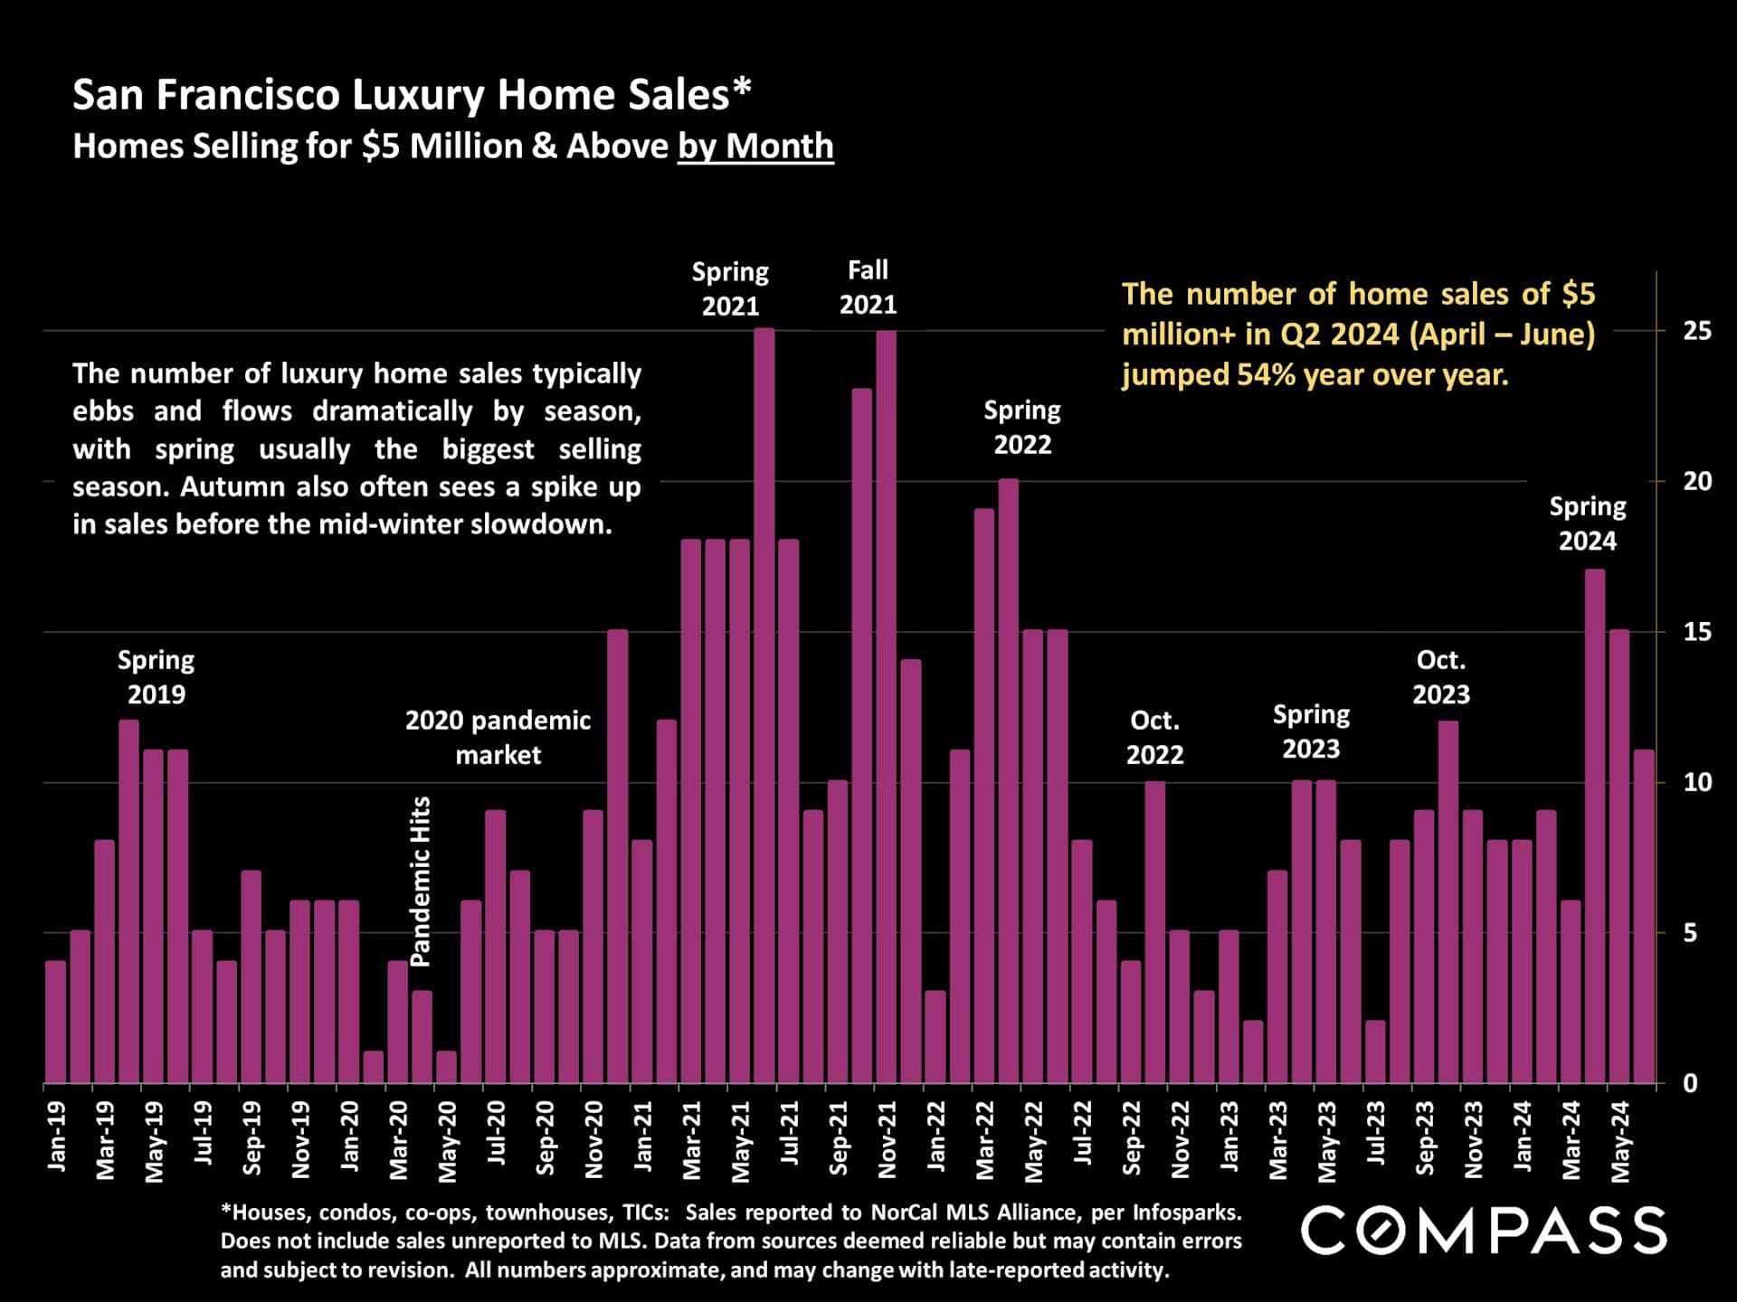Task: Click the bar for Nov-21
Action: pos(886,705)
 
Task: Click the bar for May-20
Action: pos(446,1067)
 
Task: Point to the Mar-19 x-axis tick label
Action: pos(105,1140)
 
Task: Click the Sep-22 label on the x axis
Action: pos(1131,1138)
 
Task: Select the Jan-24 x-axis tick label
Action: pos(1523,1137)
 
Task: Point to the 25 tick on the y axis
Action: pos(1696,331)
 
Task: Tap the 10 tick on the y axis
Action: pos(1696,783)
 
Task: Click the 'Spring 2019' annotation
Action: pos(156,677)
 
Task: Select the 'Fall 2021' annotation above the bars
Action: pos(868,288)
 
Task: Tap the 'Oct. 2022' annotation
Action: pos(1154,738)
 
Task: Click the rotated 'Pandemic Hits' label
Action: pos(421,881)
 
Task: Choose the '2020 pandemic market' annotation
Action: pos(498,738)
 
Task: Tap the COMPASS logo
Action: pos(1484,1231)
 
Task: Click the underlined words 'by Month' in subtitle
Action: pos(755,146)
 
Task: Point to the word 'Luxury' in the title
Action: pos(418,95)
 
